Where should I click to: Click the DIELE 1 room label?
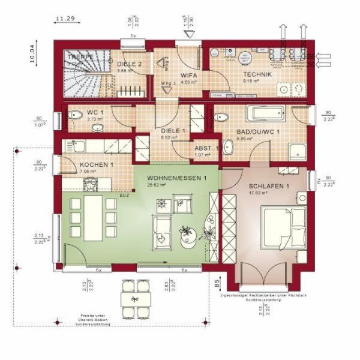[x=173, y=130]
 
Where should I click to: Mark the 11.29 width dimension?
[x=64, y=19]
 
